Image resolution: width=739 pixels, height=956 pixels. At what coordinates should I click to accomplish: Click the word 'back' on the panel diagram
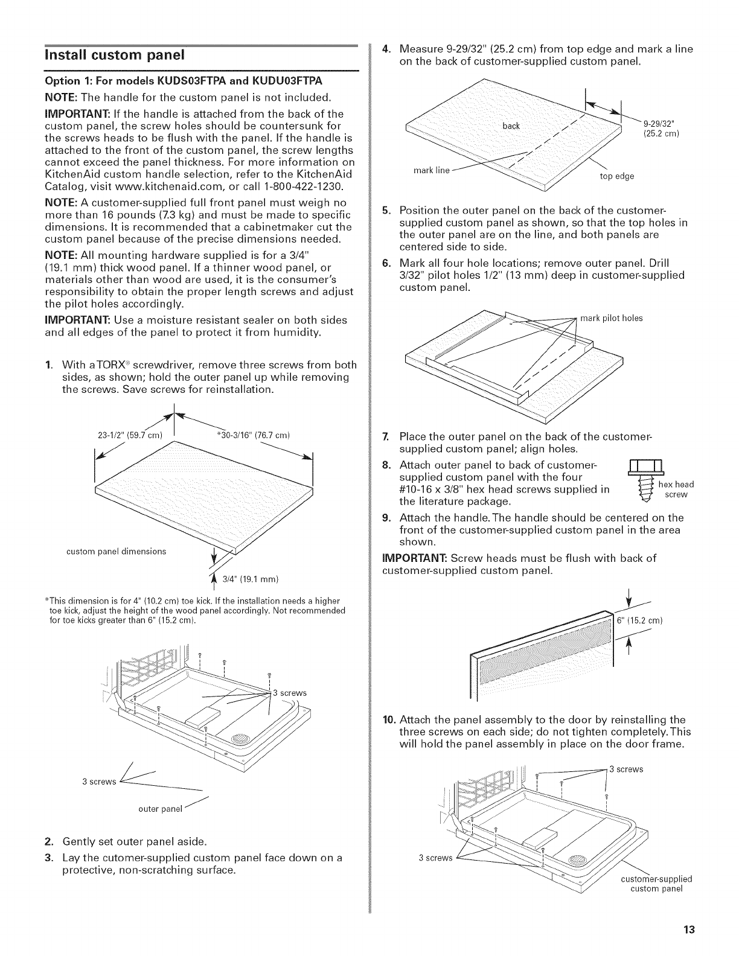tap(511, 126)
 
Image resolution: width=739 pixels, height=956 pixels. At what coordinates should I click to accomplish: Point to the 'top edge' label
tap(616, 176)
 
